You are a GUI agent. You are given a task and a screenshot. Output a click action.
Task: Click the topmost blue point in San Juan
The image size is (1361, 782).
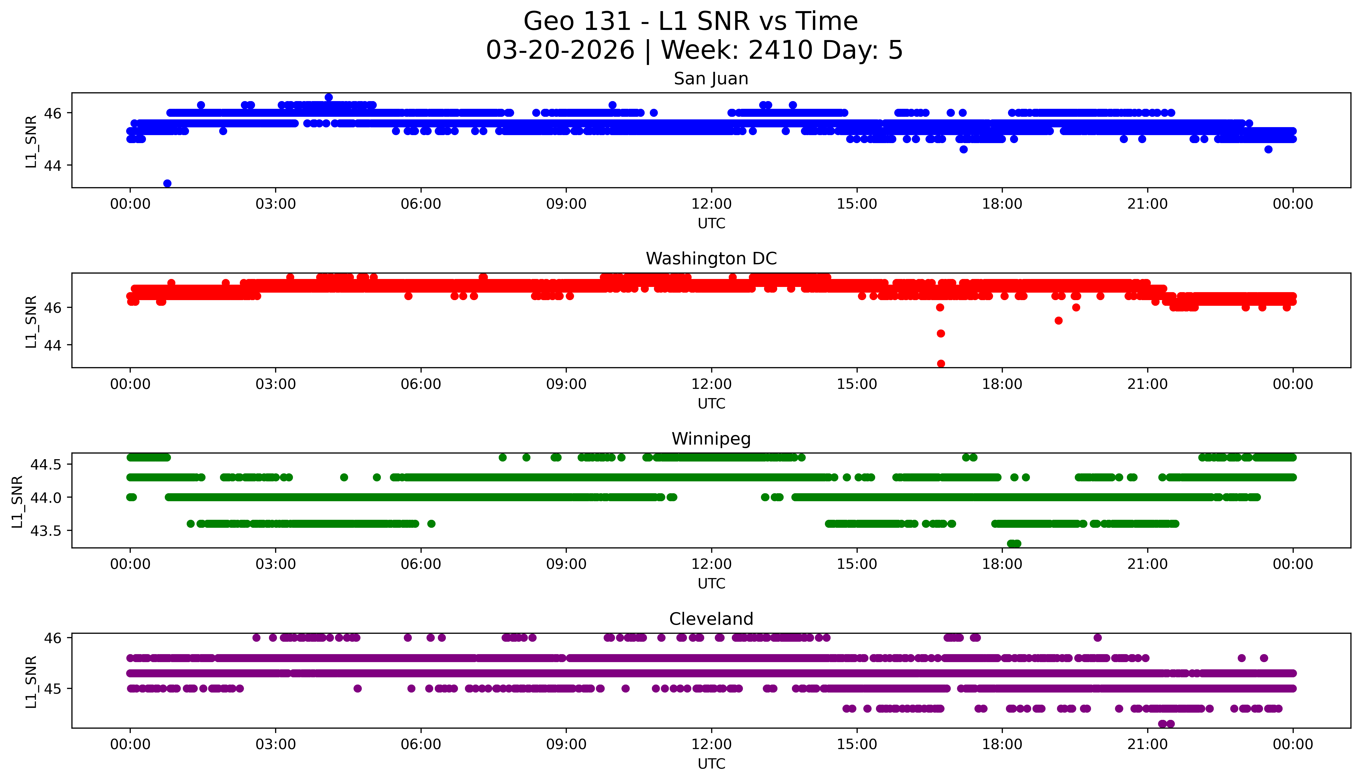(329, 97)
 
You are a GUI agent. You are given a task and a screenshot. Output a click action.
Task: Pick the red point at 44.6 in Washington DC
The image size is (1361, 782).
(940, 334)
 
